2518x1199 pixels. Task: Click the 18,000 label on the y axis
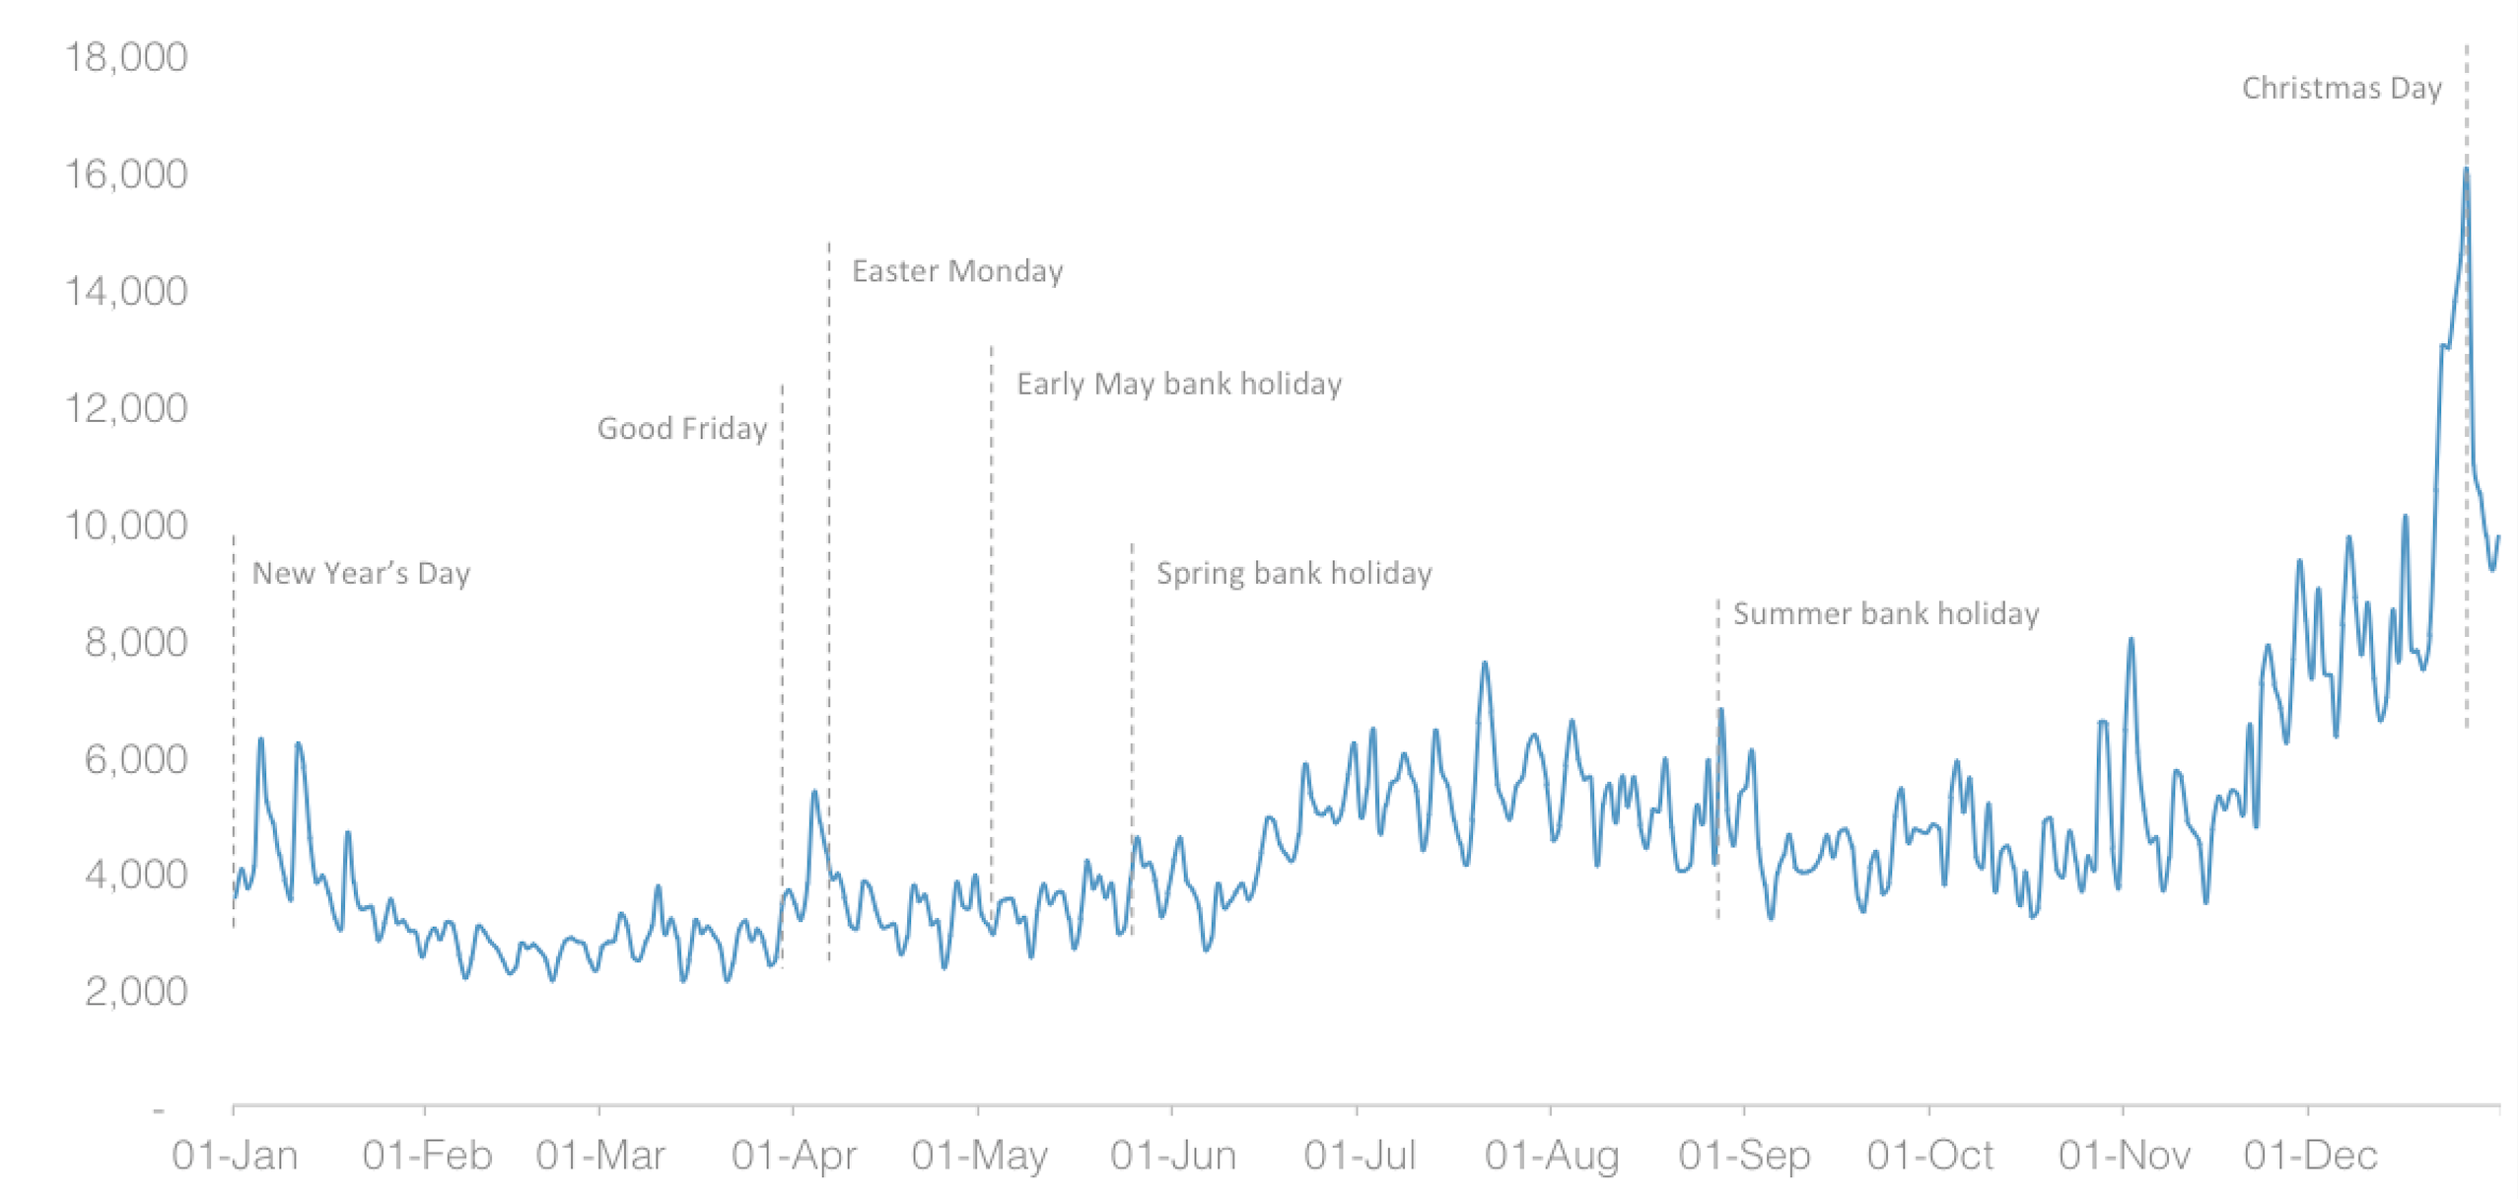pyautogui.click(x=126, y=57)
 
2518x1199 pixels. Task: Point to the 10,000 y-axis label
pyautogui.click(x=126, y=526)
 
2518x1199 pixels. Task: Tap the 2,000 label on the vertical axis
pyautogui.click(x=136, y=991)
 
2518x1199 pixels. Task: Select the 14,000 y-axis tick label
pyautogui.click(x=126, y=292)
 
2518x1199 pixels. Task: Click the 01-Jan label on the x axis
pyautogui.click(x=235, y=1155)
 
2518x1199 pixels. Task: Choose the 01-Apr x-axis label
pyautogui.click(x=794, y=1155)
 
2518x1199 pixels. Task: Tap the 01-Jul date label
pyautogui.click(x=1360, y=1155)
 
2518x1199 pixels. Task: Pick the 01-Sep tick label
pyautogui.click(x=1744, y=1155)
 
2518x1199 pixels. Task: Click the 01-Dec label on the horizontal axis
pyautogui.click(x=2310, y=1155)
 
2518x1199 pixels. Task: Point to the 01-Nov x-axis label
pyautogui.click(x=2124, y=1155)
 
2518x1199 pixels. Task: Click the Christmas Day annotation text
pyautogui.click(x=2342, y=89)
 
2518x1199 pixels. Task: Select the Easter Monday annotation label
pyautogui.click(x=957, y=271)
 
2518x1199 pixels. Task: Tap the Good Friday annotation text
pyautogui.click(x=682, y=429)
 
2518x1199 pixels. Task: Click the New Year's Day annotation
pyautogui.click(x=361, y=574)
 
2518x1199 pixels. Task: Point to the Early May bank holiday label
pyautogui.click(x=1179, y=384)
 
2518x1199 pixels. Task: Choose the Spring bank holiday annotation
pyautogui.click(x=1294, y=574)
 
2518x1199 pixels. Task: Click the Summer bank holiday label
pyautogui.click(x=1886, y=614)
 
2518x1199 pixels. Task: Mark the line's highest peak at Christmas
pyautogui.click(x=2466, y=170)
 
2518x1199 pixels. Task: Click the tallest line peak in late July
pyautogui.click(x=1485, y=664)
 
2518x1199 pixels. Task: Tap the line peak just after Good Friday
pyautogui.click(x=814, y=792)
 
